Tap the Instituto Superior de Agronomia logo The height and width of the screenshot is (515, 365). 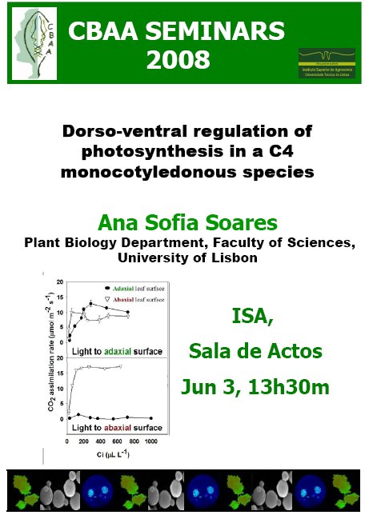pyautogui.click(x=326, y=65)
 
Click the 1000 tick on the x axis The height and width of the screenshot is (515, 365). pyautogui.click(x=150, y=441)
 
